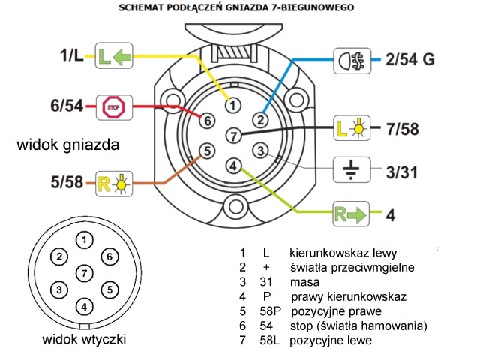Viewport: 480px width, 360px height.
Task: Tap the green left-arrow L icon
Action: (x=113, y=55)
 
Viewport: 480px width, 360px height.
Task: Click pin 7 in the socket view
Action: (x=234, y=135)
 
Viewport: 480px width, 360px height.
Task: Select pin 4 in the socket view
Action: (x=234, y=165)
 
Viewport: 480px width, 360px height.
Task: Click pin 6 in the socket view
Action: (x=208, y=120)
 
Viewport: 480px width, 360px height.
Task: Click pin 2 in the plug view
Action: (x=58, y=256)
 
